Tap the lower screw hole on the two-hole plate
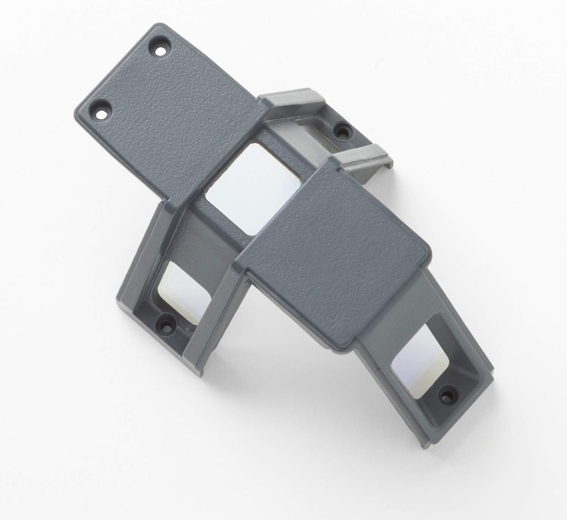click(x=101, y=113)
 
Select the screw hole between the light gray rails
click(x=343, y=133)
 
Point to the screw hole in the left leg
click(x=165, y=324)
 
